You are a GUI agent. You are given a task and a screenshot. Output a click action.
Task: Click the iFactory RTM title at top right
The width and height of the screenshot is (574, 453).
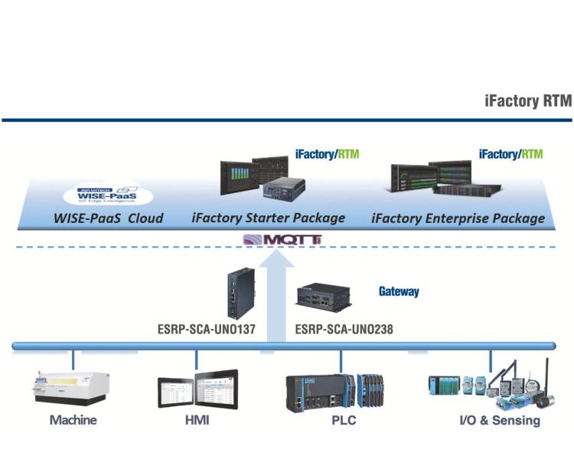coord(527,102)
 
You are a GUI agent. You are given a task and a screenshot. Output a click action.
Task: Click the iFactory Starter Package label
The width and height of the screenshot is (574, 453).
coord(269,218)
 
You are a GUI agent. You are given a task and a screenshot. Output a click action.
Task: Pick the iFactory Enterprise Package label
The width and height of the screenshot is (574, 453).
coord(458,218)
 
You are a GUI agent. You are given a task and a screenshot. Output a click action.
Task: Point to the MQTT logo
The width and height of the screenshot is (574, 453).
coord(282,241)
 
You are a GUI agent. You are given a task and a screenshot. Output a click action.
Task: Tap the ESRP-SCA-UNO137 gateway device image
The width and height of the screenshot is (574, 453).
coord(233,294)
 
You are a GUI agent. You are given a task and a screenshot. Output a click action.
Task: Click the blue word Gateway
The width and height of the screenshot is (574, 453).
coord(399,292)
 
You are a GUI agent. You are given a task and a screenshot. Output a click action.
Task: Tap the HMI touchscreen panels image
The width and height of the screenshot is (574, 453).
coord(197,390)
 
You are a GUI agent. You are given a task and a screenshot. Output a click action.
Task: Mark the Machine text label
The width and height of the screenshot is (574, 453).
coord(73,420)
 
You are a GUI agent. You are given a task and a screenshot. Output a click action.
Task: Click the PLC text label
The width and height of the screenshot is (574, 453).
coord(342,420)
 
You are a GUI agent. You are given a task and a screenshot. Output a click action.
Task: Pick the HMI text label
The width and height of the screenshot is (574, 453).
coord(197,420)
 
